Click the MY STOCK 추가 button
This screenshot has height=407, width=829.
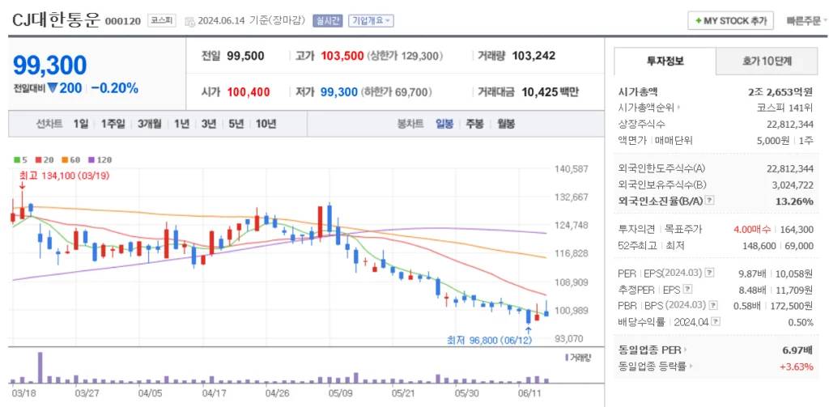(730, 20)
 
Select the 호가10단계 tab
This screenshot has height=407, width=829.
(767, 61)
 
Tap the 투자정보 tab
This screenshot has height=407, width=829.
(665, 61)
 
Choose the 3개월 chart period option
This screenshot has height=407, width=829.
(150, 124)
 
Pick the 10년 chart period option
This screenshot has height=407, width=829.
(266, 124)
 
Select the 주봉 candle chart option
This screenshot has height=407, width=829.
(474, 124)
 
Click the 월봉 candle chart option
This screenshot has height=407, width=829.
(506, 124)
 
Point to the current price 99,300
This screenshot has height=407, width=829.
(50, 66)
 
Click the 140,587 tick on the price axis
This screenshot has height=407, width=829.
(572, 169)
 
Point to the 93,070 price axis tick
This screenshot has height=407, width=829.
(569, 338)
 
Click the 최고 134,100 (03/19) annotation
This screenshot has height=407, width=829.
(64, 176)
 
